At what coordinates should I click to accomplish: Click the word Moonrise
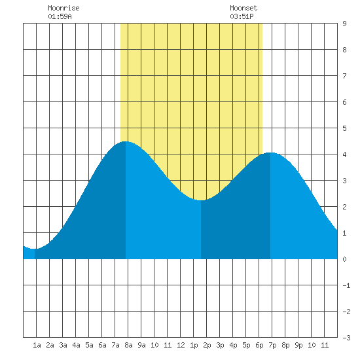pos(63,8)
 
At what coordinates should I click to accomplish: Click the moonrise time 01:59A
pos(60,16)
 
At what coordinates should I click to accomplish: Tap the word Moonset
pos(243,8)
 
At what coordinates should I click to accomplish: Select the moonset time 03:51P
pos(242,16)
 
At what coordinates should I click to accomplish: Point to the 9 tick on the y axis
pos(344,24)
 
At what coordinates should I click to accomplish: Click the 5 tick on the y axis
pos(344,128)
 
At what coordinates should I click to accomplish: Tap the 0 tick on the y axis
pos(344,259)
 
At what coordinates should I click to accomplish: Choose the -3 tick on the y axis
pos(346,338)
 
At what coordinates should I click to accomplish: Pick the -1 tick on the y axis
pos(346,285)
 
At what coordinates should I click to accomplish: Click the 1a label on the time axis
pos(37,345)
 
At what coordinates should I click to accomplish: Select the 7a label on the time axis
pos(115,345)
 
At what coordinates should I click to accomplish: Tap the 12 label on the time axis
pos(181,345)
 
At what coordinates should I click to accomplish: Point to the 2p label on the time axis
pos(207,345)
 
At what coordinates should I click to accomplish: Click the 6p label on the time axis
pos(259,345)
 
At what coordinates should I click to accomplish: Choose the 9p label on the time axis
pos(298,345)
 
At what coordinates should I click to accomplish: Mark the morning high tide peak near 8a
pos(126,141)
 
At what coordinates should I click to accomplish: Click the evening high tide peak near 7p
pos(270,153)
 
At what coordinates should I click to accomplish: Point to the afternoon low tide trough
pos(201,200)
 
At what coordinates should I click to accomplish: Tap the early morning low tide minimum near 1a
pos(35,249)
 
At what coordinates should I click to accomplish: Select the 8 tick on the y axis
pos(344,50)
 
